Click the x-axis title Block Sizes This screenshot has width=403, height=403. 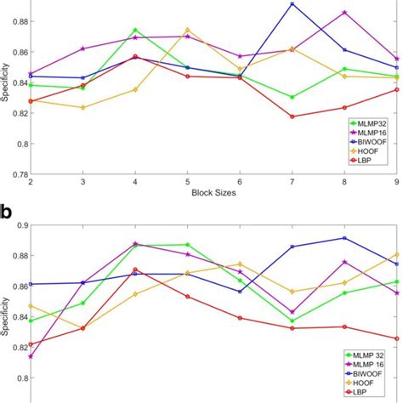click(213, 193)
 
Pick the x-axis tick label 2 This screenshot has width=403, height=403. click(31, 183)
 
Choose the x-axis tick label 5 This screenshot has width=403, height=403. click(187, 183)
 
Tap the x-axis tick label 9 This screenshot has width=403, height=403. click(396, 183)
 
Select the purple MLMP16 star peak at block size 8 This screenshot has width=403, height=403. click(344, 12)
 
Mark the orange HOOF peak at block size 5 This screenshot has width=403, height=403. click(188, 30)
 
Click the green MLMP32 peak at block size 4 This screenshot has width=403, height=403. click(135, 31)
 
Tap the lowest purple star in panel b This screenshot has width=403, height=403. click(31, 356)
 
